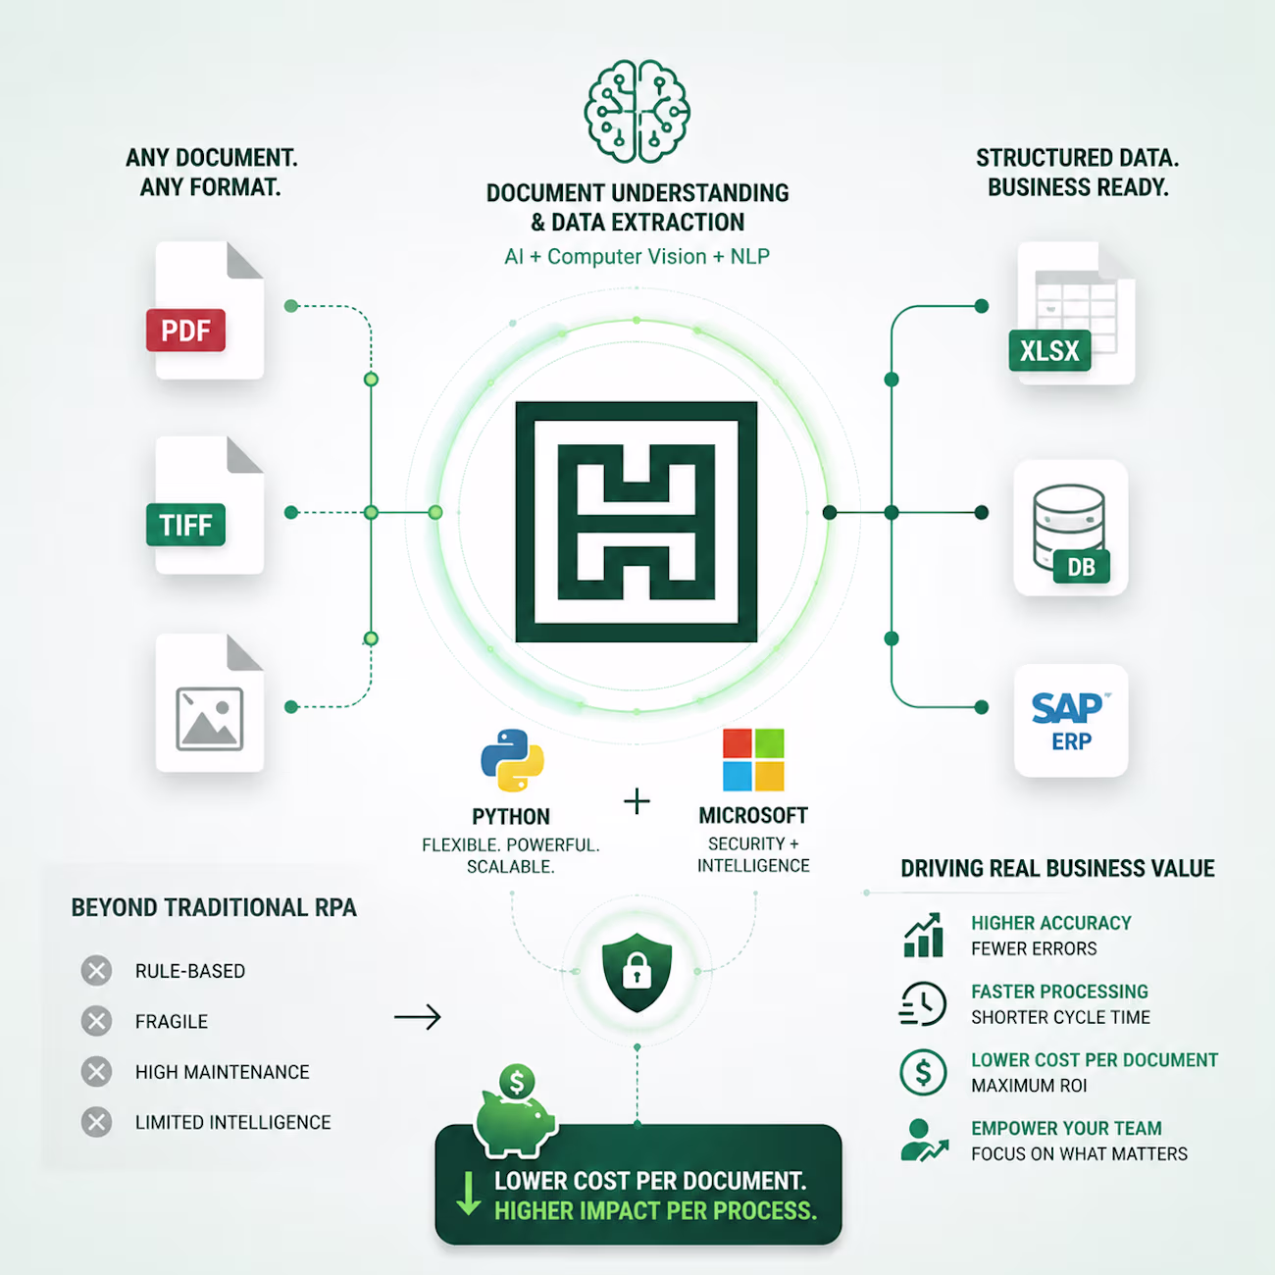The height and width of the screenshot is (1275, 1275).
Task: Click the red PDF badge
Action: click(x=185, y=331)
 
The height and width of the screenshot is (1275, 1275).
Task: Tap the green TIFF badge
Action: click(x=185, y=525)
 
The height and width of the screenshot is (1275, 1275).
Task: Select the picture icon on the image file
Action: click(x=209, y=719)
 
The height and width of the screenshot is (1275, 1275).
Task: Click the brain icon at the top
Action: click(x=637, y=111)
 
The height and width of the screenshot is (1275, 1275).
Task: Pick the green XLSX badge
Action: click(x=1049, y=350)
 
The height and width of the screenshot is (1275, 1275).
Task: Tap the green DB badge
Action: click(x=1081, y=566)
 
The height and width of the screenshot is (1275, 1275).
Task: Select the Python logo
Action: click(x=512, y=760)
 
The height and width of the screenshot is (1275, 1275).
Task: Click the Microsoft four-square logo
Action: click(x=753, y=759)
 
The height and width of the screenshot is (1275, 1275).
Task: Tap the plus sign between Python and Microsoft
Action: click(x=637, y=801)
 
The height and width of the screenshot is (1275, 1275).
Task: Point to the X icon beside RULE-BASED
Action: click(x=96, y=971)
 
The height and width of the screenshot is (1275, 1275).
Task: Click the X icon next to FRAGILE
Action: click(x=96, y=1021)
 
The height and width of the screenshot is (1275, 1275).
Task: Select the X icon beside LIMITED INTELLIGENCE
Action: click(x=96, y=1121)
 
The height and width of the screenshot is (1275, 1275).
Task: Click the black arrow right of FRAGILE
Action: click(x=418, y=1017)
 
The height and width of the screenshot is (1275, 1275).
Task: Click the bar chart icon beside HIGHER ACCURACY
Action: click(x=923, y=935)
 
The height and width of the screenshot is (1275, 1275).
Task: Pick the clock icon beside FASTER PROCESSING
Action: click(x=922, y=1003)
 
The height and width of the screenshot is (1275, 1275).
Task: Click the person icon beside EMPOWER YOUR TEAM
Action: click(x=924, y=1140)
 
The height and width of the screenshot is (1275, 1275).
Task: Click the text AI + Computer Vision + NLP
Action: click(x=637, y=256)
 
